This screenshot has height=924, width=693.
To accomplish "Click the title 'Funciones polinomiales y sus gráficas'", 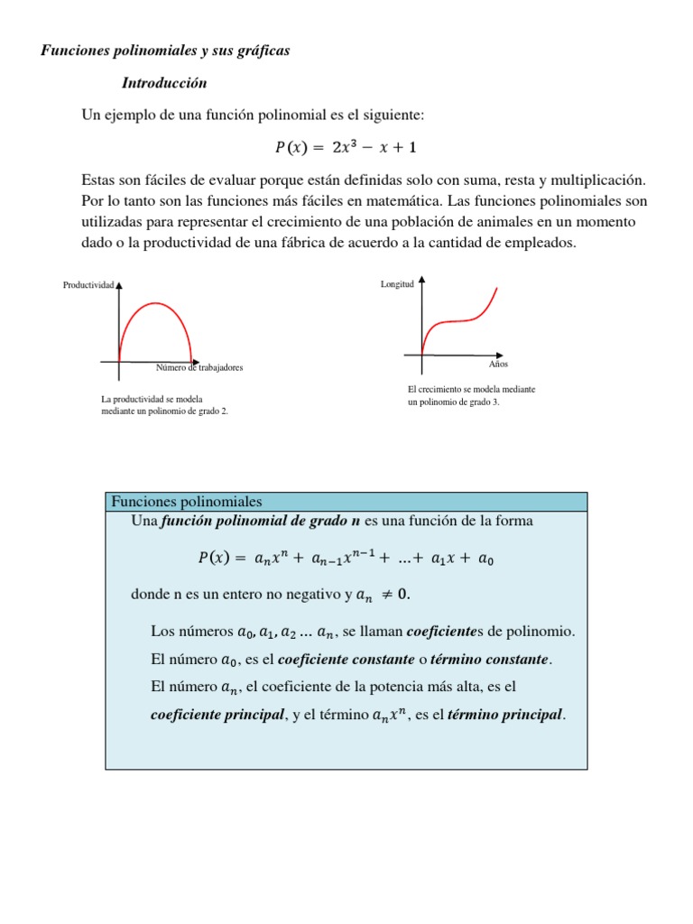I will pos(165,51).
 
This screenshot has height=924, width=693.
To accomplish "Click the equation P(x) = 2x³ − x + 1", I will pos(346,147).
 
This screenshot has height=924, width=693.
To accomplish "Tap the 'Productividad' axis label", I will pos(88,285).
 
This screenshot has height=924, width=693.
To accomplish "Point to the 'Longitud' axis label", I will pos(398,284).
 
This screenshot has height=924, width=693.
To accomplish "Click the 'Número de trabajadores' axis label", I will pos(199,368).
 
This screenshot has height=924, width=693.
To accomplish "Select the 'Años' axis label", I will pos(498,364).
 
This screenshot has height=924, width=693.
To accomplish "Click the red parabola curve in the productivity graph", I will pos(154,305).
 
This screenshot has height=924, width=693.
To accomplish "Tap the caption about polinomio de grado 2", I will pos(164,405).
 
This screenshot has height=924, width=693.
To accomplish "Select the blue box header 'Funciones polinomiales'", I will pos(185,502).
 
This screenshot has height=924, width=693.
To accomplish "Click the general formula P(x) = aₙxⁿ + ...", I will pos(346,559).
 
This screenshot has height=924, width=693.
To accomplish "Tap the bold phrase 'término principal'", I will pos(505,715).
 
